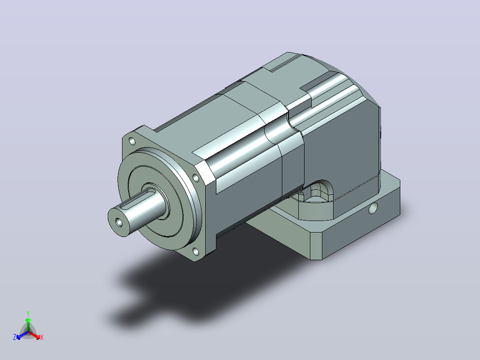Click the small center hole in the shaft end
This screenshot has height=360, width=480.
point(119,222)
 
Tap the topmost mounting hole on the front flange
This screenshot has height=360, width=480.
point(132,141)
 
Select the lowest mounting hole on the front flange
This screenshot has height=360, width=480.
point(195,252)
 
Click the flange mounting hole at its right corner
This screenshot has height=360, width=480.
point(195,177)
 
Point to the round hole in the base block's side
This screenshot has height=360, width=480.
point(373,209)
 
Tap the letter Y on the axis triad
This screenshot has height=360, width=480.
point(28,313)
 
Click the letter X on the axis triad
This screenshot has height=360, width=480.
point(42,337)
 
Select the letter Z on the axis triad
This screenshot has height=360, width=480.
point(15,337)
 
